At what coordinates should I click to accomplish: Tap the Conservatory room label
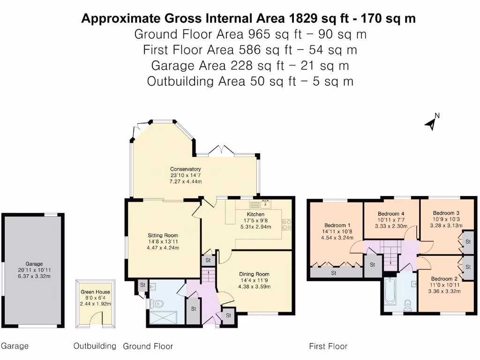185,169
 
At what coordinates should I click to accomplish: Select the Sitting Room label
163,235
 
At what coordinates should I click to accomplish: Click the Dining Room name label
254,274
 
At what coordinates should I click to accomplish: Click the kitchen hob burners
287,225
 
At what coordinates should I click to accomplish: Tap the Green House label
95,292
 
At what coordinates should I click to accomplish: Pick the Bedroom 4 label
391,214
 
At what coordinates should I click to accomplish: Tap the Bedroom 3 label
443,213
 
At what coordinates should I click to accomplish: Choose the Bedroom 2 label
441,278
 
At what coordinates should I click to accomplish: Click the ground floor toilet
155,304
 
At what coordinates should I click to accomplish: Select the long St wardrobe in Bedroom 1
334,272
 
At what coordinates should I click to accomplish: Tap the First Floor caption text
328,346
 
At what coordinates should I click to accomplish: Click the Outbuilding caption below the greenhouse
95,346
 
